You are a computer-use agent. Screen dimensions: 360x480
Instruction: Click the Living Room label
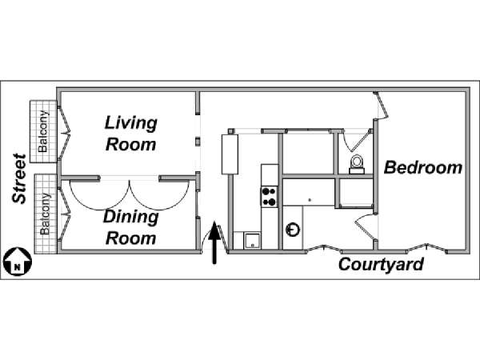click(x=131, y=133)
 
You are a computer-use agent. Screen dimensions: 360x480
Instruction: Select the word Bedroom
click(x=423, y=168)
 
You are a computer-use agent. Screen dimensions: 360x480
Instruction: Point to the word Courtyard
click(x=381, y=265)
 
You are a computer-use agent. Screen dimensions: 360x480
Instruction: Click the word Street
click(x=19, y=178)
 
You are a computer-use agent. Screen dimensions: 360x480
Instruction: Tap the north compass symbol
click(x=15, y=261)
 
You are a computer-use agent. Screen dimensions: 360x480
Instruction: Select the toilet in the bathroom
click(x=357, y=162)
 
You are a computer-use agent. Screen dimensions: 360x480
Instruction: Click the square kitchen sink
click(x=253, y=238)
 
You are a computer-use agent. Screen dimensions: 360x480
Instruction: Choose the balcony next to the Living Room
click(x=43, y=128)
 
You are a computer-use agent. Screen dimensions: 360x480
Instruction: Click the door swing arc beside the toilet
click(x=345, y=142)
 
